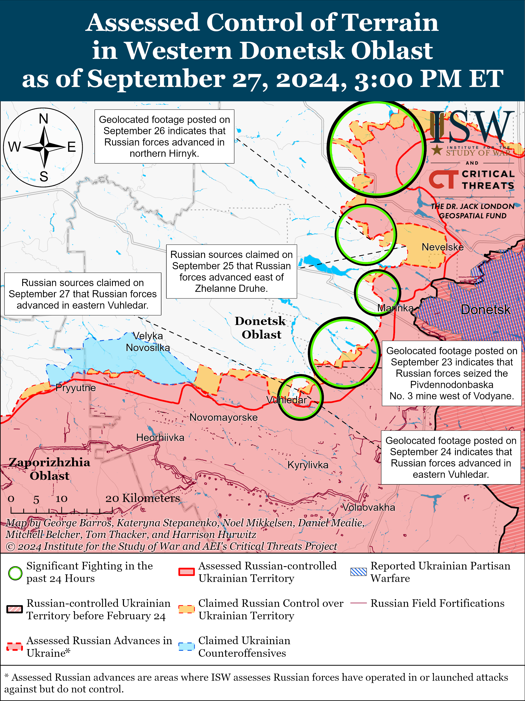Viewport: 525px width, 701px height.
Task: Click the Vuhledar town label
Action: point(286,400)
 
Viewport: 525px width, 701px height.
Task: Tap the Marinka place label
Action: point(395,308)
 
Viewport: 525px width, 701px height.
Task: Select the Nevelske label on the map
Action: point(442,247)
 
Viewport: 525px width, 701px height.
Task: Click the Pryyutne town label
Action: point(75,388)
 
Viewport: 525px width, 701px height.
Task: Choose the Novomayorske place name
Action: point(223,417)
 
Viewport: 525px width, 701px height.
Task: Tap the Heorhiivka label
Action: point(160,438)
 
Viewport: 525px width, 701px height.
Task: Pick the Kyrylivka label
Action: point(308,465)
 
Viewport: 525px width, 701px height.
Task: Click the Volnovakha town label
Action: point(369,507)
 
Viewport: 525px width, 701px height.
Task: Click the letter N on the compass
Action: point(43,119)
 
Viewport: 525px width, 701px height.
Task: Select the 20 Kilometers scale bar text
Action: point(143,498)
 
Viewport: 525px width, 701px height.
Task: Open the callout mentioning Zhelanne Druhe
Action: point(231,271)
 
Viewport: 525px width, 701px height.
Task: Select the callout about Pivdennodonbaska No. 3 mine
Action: point(451,373)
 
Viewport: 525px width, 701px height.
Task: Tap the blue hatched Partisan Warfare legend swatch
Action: point(358,572)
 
